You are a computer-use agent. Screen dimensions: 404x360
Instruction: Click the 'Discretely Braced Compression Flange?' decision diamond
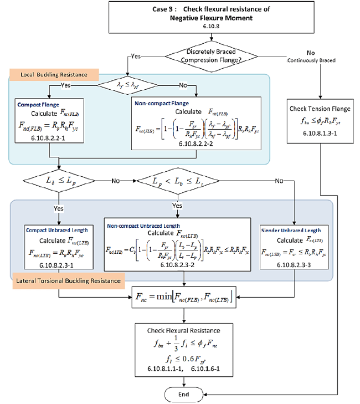coord(211,57)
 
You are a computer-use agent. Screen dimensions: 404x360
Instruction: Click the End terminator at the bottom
coord(183,394)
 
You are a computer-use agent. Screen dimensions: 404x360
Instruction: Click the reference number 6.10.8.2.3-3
coord(290,265)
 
